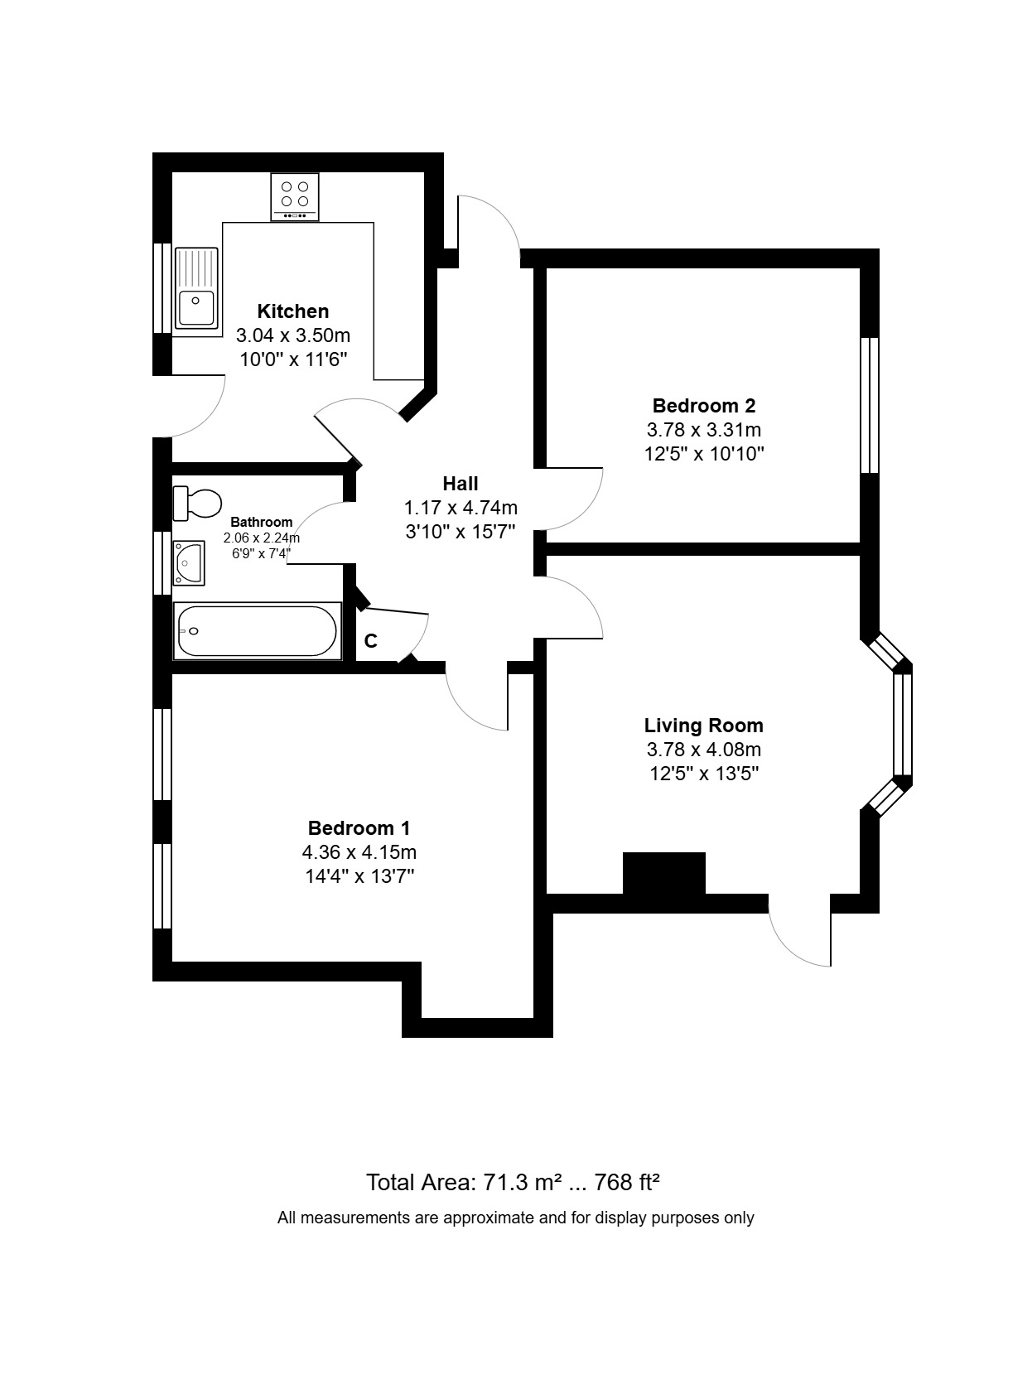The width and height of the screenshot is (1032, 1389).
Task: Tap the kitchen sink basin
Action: point(196,307)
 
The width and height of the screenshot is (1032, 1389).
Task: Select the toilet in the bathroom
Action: point(198,503)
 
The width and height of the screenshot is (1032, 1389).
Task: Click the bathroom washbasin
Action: point(189,562)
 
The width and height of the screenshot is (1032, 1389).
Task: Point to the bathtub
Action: point(257,631)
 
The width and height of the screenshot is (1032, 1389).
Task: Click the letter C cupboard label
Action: point(371,641)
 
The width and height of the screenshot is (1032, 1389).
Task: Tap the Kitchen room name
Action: point(292,311)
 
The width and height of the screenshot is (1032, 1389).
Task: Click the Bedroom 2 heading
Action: point(703,406)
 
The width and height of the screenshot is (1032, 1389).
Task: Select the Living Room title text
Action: point(703,726)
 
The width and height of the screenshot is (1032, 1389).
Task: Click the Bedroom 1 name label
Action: point(359,827)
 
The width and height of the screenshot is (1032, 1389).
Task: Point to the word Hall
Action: point(460,484)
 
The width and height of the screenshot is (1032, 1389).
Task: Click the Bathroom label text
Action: point(261,522)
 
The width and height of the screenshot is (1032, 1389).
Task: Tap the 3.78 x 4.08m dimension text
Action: point(703,750)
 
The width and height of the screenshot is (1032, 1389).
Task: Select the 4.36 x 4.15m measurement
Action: point(359,851)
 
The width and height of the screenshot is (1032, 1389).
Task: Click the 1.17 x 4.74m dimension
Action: point(460,508)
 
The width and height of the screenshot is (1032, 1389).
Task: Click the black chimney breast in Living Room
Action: point(663,873)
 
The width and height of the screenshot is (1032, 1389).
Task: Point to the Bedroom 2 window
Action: point(869,405)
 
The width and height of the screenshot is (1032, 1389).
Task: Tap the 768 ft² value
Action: point(626,1182)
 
